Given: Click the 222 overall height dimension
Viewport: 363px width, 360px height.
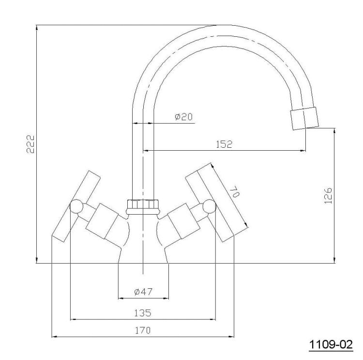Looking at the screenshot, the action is coord(30,144).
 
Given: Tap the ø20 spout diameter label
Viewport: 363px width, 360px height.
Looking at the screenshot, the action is coord(183,117).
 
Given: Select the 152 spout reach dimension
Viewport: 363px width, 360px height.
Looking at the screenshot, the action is coord(224,144).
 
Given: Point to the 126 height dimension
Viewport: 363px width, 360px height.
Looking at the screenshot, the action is coord(328,196).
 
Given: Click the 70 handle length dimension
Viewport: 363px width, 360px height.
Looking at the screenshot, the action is coord(234,191).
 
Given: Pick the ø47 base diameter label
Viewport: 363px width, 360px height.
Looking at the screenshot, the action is coord(143,292).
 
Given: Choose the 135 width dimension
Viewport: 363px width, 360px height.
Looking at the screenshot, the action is coord(143,313).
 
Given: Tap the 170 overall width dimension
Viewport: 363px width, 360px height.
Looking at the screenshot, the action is coord(143,330).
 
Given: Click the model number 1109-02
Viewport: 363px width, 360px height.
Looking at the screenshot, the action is coord(331,344).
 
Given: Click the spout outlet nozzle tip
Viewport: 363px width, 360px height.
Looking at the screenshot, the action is coord(304,118).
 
